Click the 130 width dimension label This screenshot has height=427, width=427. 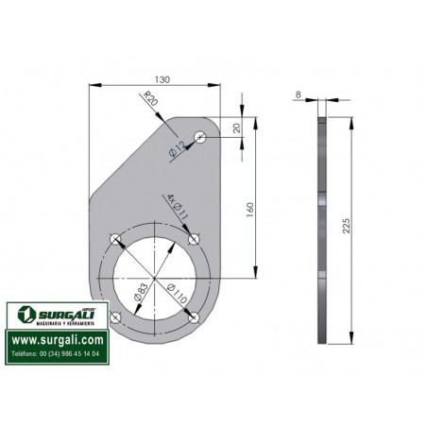pyautogui.click(x=162, y=79)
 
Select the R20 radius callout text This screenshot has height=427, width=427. pyautogui.click(x=150, y=98)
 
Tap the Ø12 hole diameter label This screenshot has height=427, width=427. pyautogui.click(x=177, y=149)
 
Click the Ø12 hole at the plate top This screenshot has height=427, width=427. pyautogui.click(x=200, y=137)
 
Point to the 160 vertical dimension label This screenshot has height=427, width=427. pyautogui.click(x=249, y=211)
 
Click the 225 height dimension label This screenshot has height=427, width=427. pyautogui.click(x=346, y=226)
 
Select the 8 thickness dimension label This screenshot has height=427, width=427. pyautogui.click(x=299, y=94)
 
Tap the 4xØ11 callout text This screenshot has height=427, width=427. pyautogui.click(x=177, y=206)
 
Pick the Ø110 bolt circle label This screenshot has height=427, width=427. pyautogui.click(x=177, y=294)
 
